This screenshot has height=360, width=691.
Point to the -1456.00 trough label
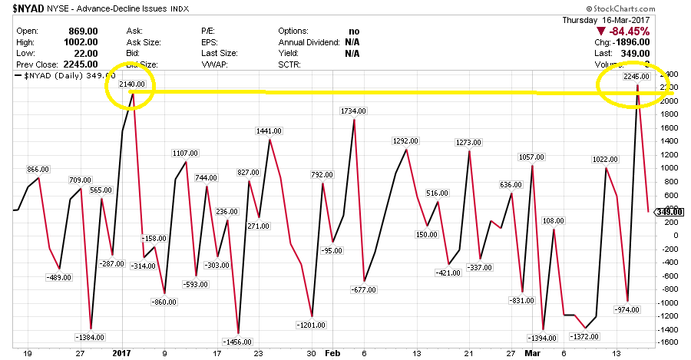[237, 341]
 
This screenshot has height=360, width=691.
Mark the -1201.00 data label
[312, 325]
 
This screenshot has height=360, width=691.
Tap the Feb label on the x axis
[331, 355]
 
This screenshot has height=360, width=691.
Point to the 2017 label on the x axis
[123, 355]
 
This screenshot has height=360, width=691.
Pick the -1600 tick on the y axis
[670, 342]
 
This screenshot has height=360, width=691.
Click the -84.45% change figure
[627, 31]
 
